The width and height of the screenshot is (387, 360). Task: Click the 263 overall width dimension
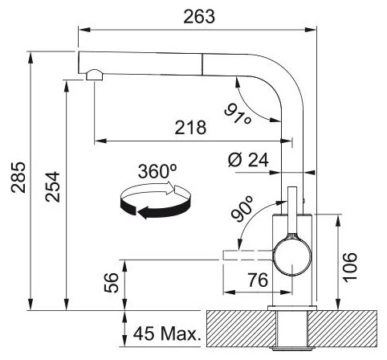point(199,17)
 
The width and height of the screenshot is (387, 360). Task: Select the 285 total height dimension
point(18,178)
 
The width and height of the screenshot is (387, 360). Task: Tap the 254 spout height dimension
point(52,186)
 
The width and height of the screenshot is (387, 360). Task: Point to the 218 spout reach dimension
point(190,127)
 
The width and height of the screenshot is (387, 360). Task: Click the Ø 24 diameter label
point(248,160)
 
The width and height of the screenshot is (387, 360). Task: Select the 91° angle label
point(238,114)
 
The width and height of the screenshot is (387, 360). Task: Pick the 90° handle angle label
point(242,208)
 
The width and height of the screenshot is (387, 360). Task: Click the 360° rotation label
point(157,171)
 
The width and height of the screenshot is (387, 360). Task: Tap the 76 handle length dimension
point(258,280)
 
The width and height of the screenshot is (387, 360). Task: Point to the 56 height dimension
point(112,282)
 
